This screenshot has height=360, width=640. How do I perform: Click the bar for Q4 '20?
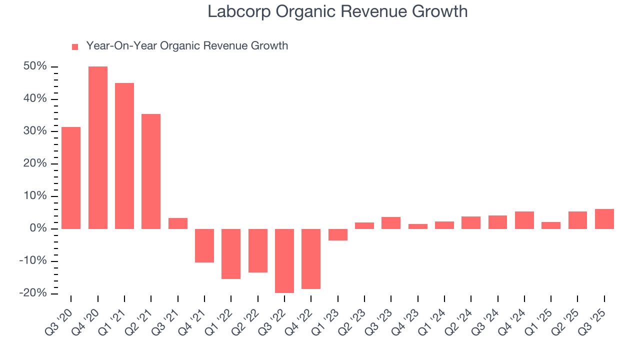[x=98, y=147]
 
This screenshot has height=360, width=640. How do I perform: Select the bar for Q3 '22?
[x=284, y=260]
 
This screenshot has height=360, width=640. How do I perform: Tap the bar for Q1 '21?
[x=124, y=155]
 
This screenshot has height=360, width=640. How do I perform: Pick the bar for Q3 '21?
[x=178, y=223]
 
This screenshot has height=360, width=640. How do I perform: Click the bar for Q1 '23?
[x=338, y=234]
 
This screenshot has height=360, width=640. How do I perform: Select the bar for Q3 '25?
[x=604, y=219]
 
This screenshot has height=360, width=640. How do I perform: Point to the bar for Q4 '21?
[x=204, y=245]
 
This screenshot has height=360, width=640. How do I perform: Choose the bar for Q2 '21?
[x=151, y=171]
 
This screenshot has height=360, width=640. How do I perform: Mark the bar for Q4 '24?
[x=524, y=220]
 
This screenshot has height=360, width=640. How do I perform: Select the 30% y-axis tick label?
[x=34, y=131]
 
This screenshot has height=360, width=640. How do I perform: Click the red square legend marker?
[x=75, y=46]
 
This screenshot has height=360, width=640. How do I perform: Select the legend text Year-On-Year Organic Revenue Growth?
[x=187, y=46]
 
